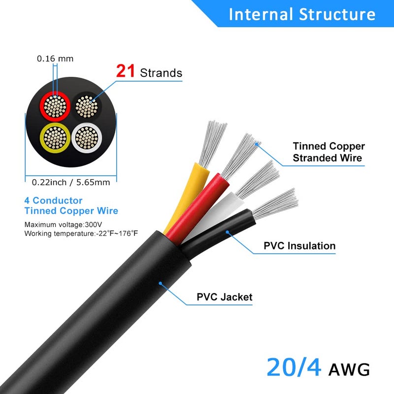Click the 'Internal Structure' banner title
pos(302,14)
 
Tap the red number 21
pos(126,71)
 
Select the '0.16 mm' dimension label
pos(55,59)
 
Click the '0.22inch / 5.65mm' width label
pos(71,182)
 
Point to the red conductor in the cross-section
pos(55,106)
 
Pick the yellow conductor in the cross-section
pos(55,138)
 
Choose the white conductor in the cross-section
pos(87,138)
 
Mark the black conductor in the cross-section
pos(87,106)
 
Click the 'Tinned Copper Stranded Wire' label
pos(328,152)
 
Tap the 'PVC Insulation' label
pos(299,246)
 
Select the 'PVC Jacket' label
pos(225,297)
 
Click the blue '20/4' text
pos(294,367)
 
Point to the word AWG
pos(349,369)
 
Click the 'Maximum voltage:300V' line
pos(63,225)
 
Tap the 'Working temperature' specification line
pos(81,233)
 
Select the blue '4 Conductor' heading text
pos(53,200)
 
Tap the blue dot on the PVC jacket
pos(161,284)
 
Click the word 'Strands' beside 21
pos(161,73)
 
